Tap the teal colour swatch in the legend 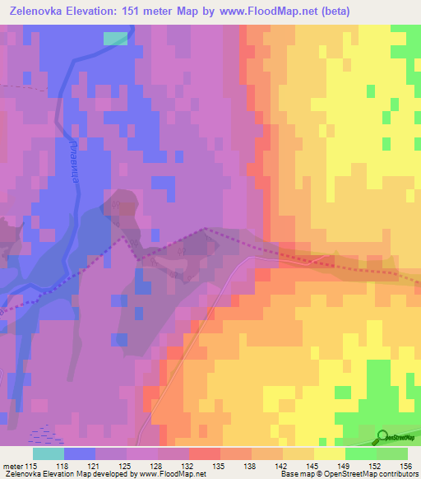tap(49, 453)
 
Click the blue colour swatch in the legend tap(80, 453)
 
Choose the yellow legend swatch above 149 tap(330, 453)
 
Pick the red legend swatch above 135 tap(205, 453)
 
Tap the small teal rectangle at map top tap(116, 38)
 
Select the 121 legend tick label tap(105, 466)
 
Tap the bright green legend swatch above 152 tap(361, 453)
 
